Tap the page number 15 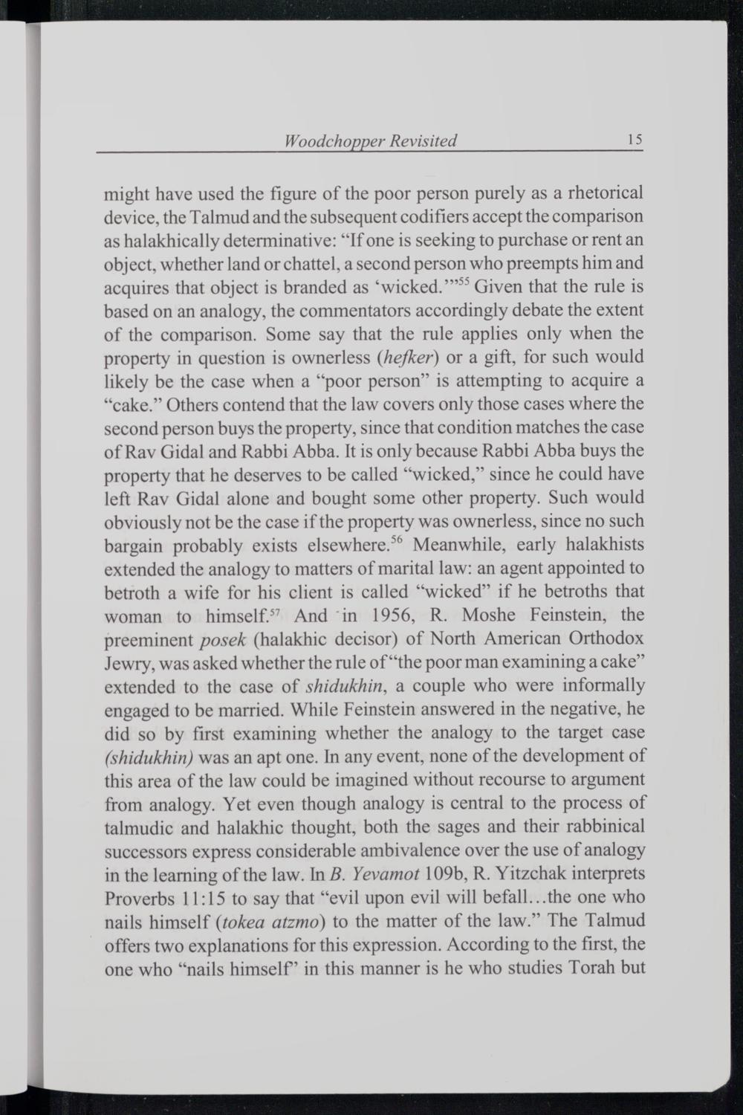tap(634, 140)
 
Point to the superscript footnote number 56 tap(398, 539)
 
